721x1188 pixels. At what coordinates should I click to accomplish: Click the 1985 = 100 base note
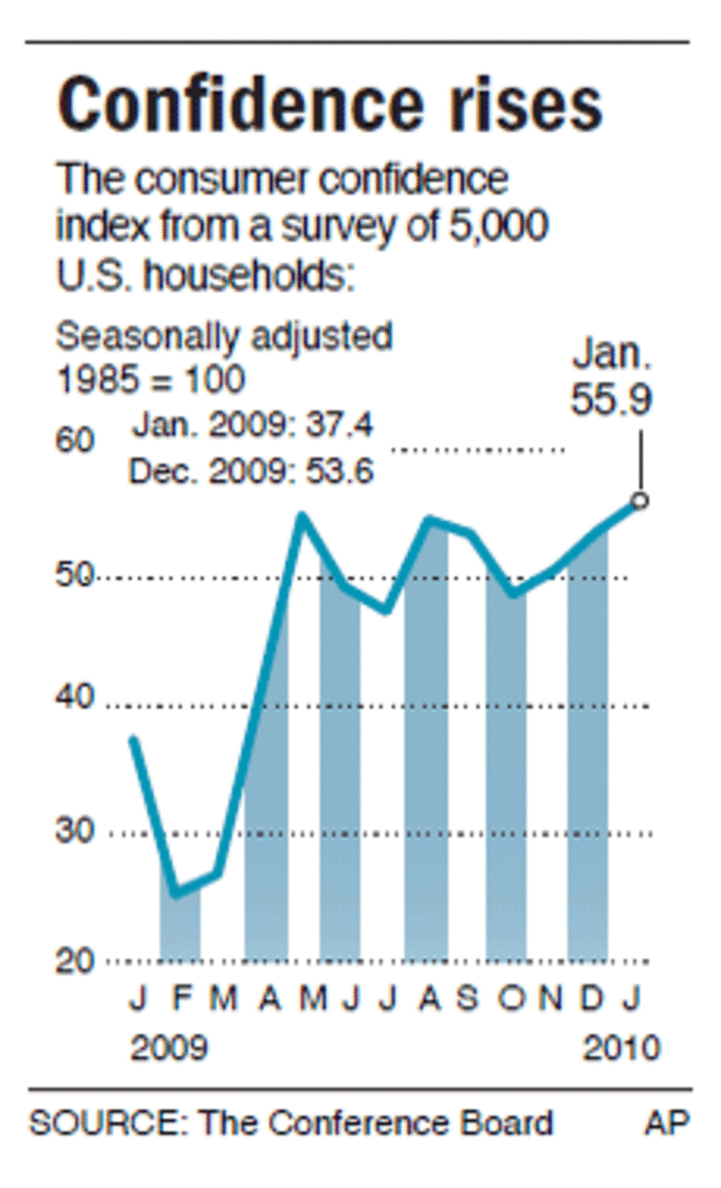click(151, 379)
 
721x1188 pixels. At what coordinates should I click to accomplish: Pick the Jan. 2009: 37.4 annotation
click(252, 426)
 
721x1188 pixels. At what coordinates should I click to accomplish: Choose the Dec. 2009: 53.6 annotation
click(250, 470)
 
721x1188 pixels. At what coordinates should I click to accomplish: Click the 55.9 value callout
click(611, 399)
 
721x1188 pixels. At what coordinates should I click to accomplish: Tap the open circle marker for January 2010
click(640, 500)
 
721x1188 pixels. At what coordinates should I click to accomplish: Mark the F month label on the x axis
click(179, 1000)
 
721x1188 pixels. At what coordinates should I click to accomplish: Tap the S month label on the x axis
click(468, 1000)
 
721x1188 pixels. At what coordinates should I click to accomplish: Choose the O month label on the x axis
click(508, 1000)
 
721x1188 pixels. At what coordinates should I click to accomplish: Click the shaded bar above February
click(179, 925)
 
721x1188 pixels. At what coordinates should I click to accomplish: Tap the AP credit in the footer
click(667, 1123)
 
